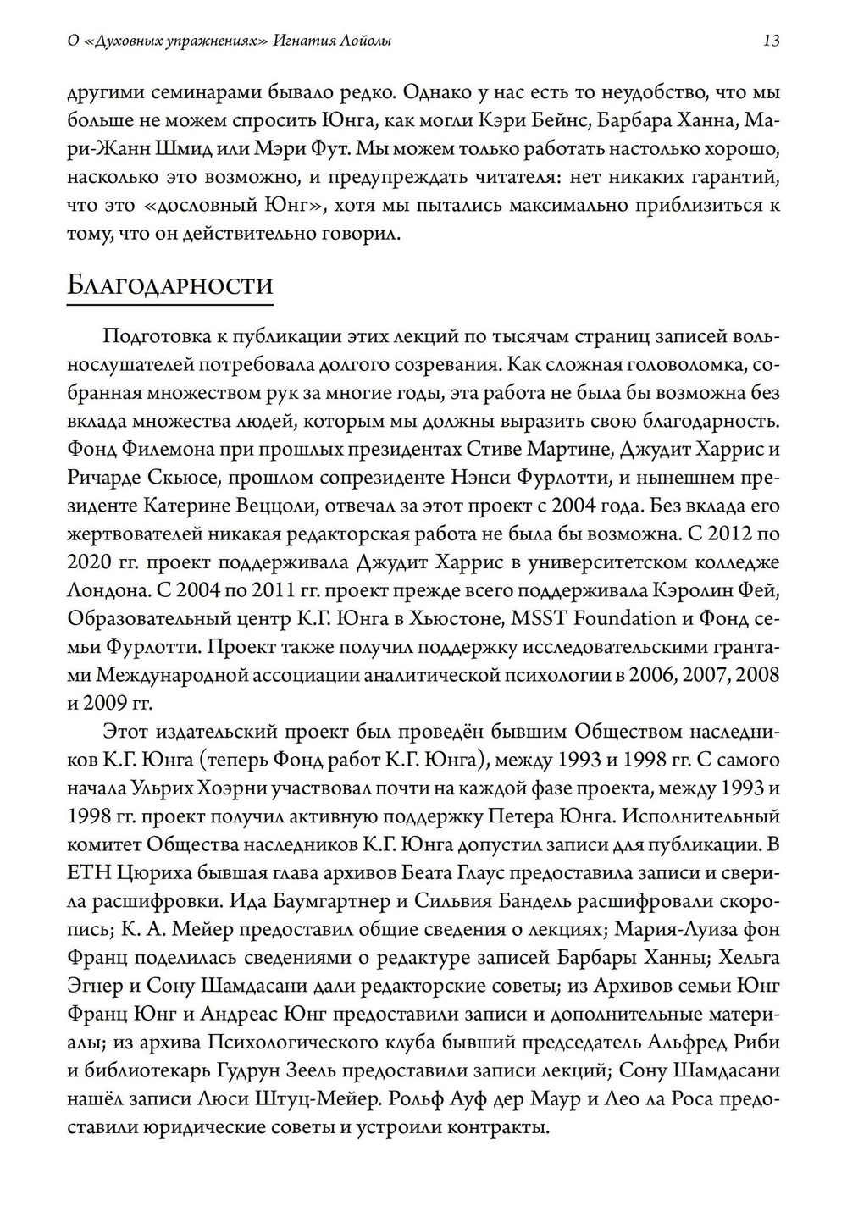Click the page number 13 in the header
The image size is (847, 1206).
point(771,40)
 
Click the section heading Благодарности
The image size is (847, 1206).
point(169,285)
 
